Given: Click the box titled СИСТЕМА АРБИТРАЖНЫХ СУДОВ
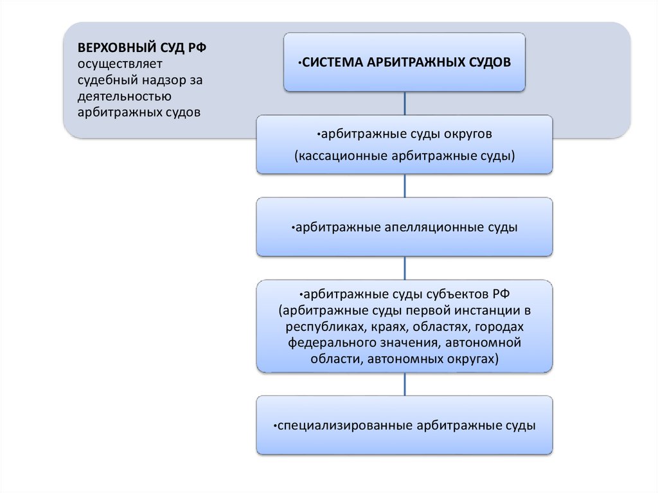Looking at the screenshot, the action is pos(405,62).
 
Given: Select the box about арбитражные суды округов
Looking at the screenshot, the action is pos(405,145).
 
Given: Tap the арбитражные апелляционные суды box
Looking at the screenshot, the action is pos(405,227).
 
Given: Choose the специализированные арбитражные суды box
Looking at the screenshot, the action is pos(405,425).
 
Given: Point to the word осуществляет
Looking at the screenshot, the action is pos(121,64).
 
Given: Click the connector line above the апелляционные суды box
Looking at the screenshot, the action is pos(405,186).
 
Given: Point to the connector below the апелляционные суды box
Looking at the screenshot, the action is pos(405,268).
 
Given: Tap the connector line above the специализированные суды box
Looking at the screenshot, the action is pos(405,384).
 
